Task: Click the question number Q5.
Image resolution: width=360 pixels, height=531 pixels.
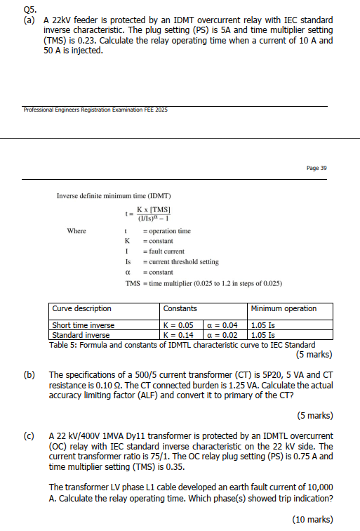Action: pos(29,9)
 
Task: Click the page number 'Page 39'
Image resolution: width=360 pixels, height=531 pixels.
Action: pos(316,168)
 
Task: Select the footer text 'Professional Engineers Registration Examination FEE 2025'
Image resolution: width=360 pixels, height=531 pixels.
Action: pos(95,110)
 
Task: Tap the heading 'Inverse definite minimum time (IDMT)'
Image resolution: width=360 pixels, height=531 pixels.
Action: pos(114,195)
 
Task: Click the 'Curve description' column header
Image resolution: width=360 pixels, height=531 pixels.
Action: pos(82,308)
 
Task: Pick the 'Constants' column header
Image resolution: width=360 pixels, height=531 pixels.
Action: pos(180,308)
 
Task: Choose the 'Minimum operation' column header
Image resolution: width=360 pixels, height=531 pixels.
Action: pos(284,308)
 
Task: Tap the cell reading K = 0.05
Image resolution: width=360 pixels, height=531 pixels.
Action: pos(179,325)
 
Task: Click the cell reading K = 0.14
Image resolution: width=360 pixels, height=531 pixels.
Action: pos(179,334)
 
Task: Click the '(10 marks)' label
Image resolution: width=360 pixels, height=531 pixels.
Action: pos(312,518)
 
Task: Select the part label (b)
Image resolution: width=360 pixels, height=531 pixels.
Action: pos(29,374)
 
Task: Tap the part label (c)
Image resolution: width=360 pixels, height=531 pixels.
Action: pos(29,436)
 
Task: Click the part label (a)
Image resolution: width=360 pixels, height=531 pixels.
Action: pos(29,20)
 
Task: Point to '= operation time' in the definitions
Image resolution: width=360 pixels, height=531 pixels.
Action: pos(166,231)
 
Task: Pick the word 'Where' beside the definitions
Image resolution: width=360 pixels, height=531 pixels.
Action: pos(76,231)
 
